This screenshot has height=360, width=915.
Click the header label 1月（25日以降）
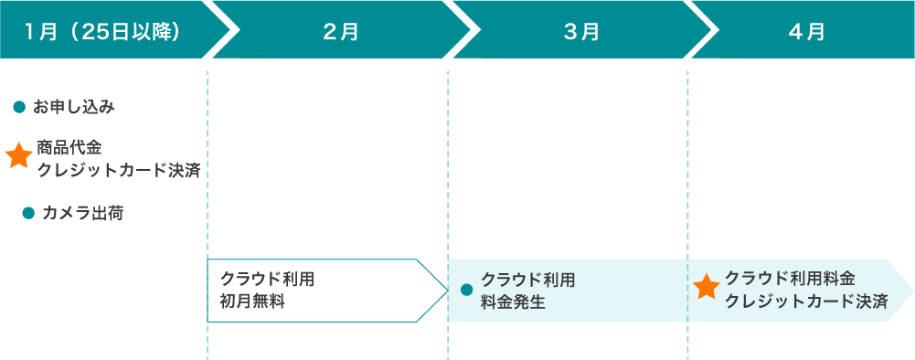tap(102, 31)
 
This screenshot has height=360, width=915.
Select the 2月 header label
tap(341, 31)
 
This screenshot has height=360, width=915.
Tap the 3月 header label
tap(581, 31)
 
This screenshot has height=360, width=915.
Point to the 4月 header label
tap(806, 31)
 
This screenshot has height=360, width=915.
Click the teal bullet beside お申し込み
tap(18, 108)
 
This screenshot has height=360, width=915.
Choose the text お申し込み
tap(73, 108)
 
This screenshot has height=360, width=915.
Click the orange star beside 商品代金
tap(18, 156)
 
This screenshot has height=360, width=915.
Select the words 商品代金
tap(69, 146)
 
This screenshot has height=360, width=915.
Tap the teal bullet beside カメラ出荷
tap(27, 214)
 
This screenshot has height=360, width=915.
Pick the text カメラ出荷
tap(82, 214)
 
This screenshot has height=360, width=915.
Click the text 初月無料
tap(252, 302)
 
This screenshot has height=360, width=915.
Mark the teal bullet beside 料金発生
tap(466, 291)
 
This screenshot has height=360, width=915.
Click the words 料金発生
tap(513, 302)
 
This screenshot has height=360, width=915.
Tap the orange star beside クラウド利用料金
tap(707, 289)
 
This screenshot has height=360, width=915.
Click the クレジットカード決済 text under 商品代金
tap(119, 169)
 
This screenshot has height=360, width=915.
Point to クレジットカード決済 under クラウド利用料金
tap(806, 302)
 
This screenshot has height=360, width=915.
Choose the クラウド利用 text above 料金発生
tap(527, 279)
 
